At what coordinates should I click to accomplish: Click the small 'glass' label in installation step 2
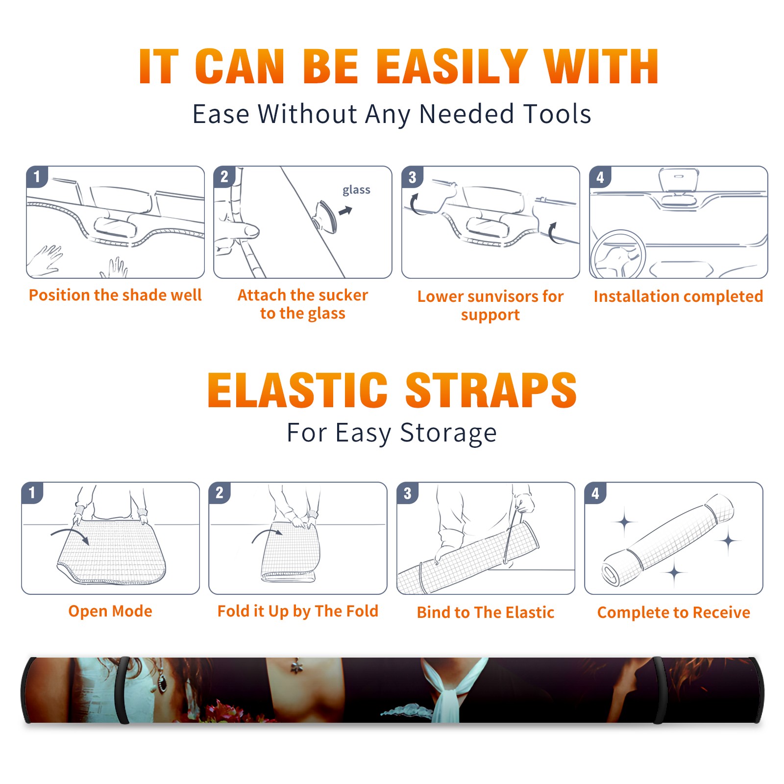coord(356,190)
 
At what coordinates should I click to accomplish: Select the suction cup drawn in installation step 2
coord(325,216)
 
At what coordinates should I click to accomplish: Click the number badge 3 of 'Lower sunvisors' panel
coord(412,177)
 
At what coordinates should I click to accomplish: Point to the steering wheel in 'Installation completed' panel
coord(617,255)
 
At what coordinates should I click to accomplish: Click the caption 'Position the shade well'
coord(115,295)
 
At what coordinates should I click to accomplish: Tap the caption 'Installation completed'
coord(678,296)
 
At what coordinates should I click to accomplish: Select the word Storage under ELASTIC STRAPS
coord(448,433)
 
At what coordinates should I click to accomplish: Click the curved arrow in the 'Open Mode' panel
coord(70,536)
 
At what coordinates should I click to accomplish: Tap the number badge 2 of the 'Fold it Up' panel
coord(220,492)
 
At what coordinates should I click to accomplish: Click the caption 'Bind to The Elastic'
coord(486,612)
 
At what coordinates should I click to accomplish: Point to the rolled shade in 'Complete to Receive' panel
coord(668,539)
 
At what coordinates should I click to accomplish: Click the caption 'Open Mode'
coord(110,611)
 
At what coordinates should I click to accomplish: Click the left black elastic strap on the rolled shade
coord(123,690)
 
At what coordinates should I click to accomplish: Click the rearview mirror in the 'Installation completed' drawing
coord(678,180)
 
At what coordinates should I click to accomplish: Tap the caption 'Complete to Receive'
coord(674,612)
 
